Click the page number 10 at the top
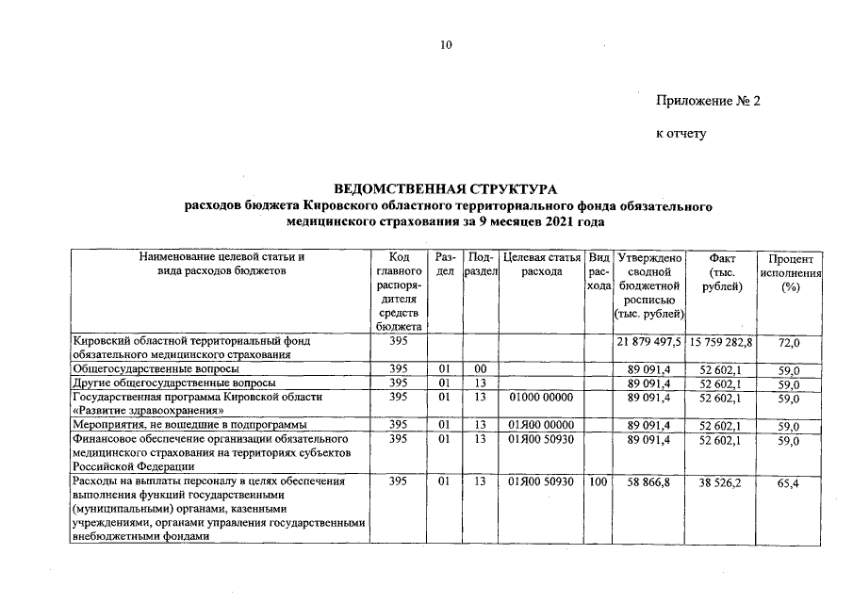pos(447,45)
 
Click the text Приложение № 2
pos(708,101)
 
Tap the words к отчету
pos(681,134)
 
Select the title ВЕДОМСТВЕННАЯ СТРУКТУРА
pos(446,188)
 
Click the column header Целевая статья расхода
pos(541,263)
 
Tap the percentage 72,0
pos(789,346)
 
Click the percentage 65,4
pos(789,488)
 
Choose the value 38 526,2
pos(720,482)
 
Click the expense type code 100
pos(596,482)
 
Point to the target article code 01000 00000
pos(541,398)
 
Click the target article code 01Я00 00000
pos(541,426)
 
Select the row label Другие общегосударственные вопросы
pos(174,383)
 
